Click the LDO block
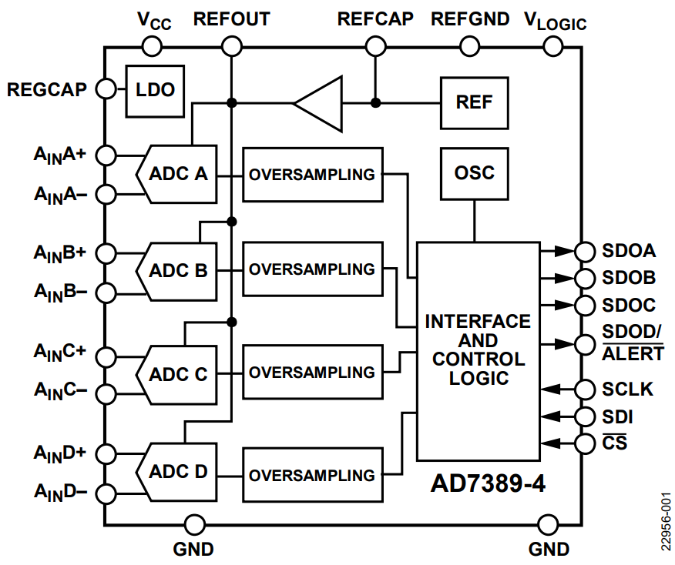click(x=156, y=90)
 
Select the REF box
click(x=474, y=102)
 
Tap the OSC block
click(x=474, y=173)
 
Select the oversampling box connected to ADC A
click(x=312, y=174)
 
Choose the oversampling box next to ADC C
click(x=312, y=372)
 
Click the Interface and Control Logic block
click(x=478, y=350)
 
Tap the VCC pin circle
click(x=152, y=47)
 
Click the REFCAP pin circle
click(x=375, y=47)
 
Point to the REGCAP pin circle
click(x=105, y=90)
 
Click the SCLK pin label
click(x=627, y=389)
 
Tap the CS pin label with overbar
click(x=614, y=443)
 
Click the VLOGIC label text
click(x=555, y=20)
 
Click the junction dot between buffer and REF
click(x=375, y=102)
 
